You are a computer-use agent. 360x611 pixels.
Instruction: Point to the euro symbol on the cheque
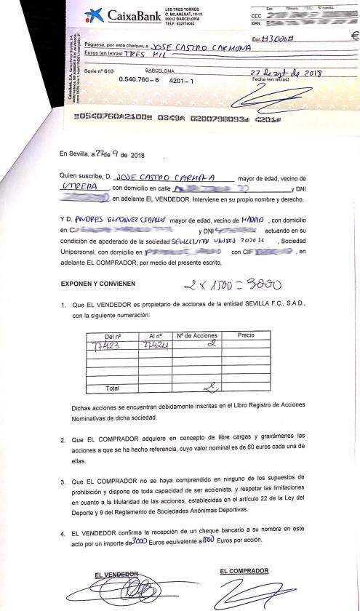pos(354,35)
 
